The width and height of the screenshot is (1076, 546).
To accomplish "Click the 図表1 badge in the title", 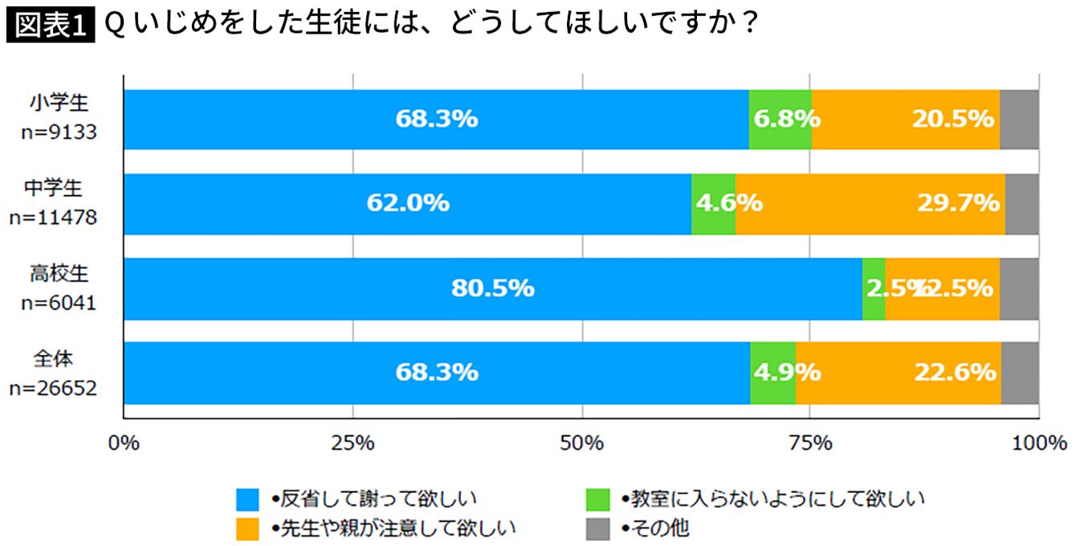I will point(50,26).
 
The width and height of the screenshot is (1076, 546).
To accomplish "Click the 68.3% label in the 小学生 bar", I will point(436,120).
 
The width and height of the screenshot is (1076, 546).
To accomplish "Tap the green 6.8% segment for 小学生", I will point(780,120).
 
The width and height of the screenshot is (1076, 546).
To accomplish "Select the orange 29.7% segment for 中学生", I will point(870,204).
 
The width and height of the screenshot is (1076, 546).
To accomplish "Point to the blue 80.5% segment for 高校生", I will point(492,288).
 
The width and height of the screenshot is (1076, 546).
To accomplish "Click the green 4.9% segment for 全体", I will point(772,373).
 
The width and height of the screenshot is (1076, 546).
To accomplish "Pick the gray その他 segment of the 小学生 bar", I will point(1019,120).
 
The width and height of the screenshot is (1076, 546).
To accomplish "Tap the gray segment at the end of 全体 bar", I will point(1020,373).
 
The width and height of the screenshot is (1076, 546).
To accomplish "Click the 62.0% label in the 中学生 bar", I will point(408,204).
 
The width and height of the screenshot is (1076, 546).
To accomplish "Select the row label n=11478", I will point(59,217).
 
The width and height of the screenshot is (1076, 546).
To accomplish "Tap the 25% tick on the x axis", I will point(353,442).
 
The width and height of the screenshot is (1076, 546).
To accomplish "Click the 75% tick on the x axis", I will point(810,442).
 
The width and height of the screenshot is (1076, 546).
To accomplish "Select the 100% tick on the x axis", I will point(1039,442).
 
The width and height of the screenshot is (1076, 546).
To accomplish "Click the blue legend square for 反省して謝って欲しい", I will point(247,499).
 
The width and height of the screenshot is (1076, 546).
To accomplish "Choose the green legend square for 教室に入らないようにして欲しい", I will point(599,499).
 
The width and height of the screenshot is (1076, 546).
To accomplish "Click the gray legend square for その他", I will point(599,528).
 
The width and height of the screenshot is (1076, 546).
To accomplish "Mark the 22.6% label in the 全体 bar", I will point(955,373).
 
